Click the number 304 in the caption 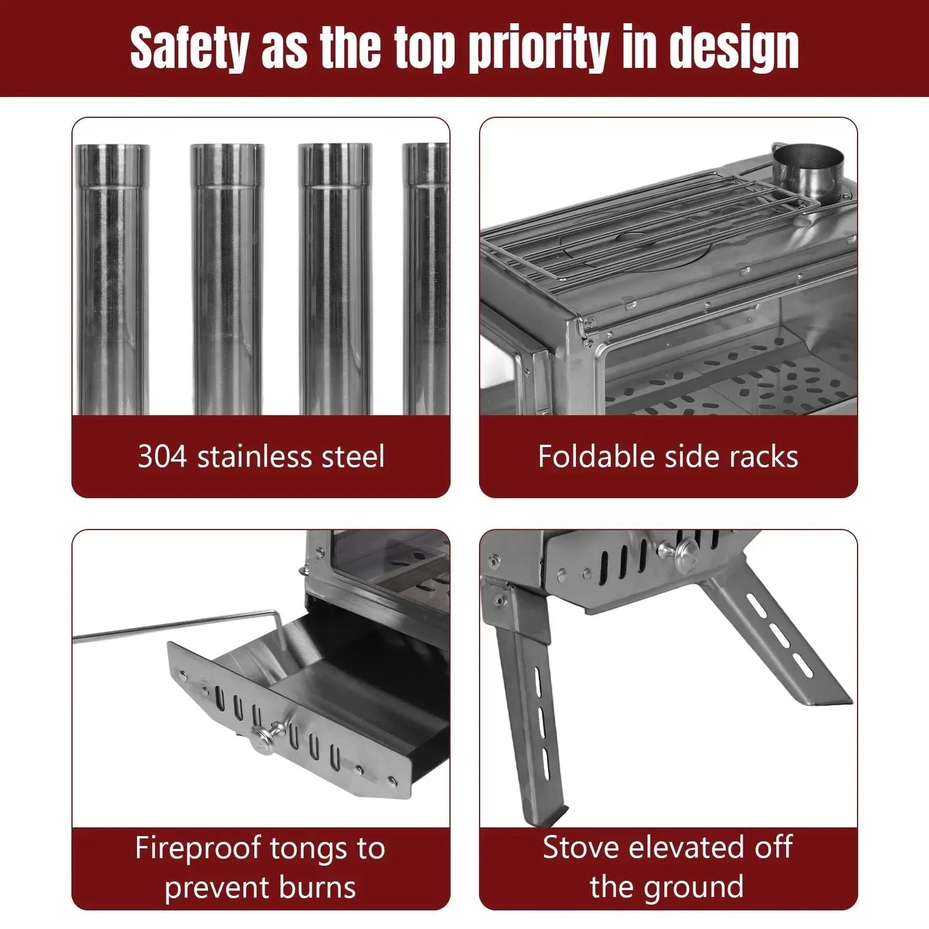click(163, 457)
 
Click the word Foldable click(595, 456)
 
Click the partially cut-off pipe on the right click(426, 279)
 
